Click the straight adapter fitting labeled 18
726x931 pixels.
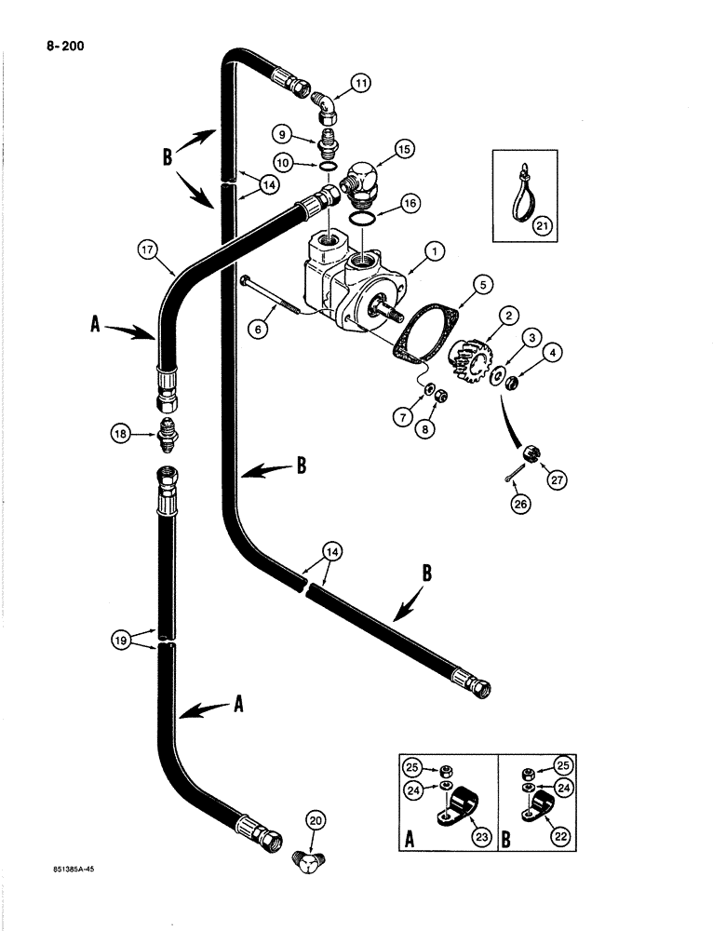(x=170, y=433)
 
